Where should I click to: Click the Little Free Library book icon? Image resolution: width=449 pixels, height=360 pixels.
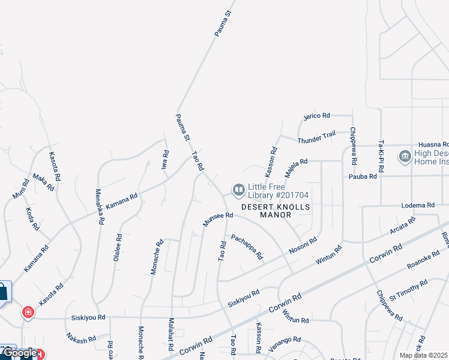coord(238,191)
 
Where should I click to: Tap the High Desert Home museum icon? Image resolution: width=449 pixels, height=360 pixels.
coord(405,157)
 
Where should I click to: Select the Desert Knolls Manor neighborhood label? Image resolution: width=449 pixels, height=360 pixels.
coord(276,211)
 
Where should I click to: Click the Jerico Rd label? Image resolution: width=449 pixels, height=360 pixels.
coord(317,116)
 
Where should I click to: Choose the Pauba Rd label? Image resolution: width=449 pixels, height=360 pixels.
coord(363,176)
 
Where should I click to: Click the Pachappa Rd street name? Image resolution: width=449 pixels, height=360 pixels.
coord(247,247)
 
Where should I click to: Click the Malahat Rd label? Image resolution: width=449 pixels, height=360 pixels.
coord(171,335)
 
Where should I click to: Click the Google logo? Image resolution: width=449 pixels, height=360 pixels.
coord(19,353)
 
